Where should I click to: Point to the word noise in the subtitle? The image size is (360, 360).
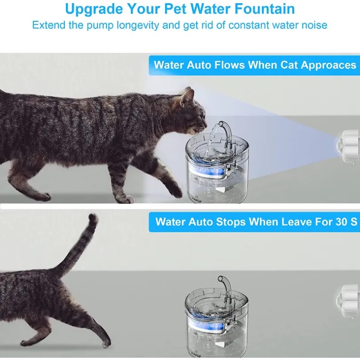pos(310,25)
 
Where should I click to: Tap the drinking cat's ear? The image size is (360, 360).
pos(187,96)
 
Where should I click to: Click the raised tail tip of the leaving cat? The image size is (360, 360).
pos(93,219)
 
